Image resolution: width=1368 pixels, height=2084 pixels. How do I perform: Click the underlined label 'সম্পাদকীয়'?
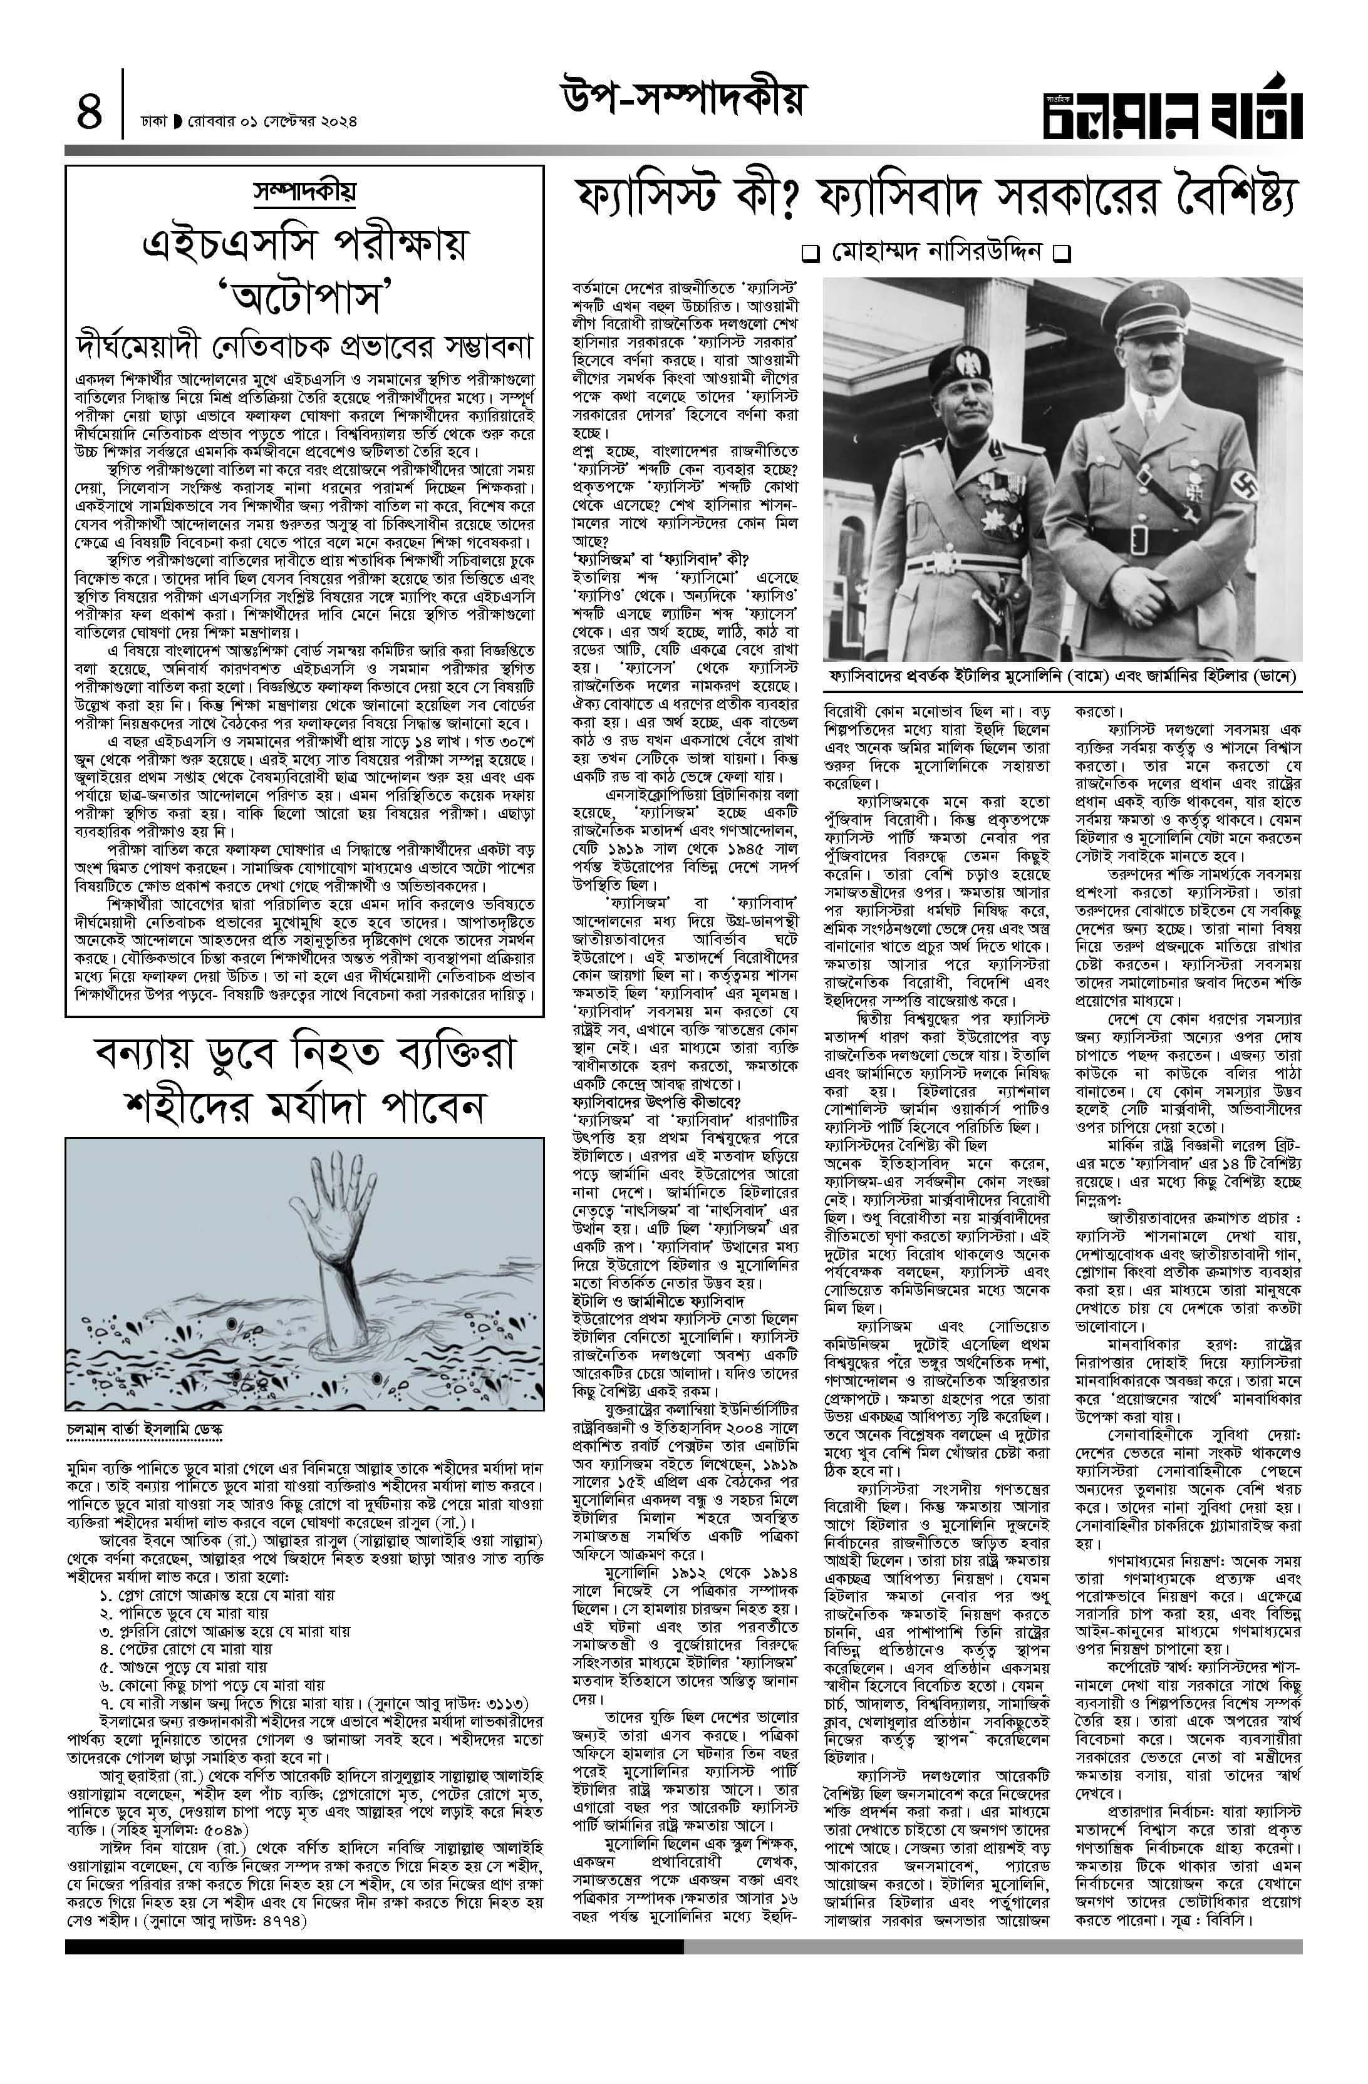tap(304, 191)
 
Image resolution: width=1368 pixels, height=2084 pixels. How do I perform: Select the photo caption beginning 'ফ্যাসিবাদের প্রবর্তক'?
tap(1062, 678)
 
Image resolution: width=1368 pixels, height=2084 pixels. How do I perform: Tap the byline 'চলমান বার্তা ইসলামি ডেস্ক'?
tap(145, 1428)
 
